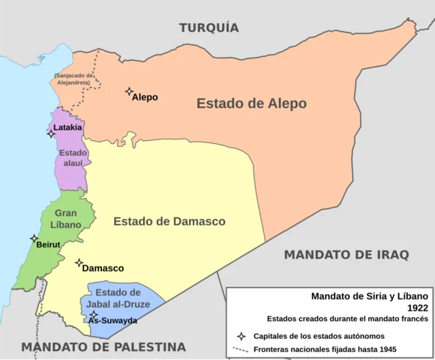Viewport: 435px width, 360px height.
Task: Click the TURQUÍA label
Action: tap(208, 28)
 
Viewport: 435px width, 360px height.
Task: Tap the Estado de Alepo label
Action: tap(251, 103)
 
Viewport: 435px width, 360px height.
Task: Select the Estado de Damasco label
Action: tap(169, 221)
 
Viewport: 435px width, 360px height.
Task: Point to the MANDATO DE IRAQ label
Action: tap(346, 255)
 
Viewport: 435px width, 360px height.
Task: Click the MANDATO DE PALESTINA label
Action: tap(103, 346)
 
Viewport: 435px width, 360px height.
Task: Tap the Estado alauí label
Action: tap(73, 157)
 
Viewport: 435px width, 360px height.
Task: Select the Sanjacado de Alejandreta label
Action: tap(72, 79)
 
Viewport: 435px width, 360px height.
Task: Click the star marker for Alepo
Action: tap(129, 91)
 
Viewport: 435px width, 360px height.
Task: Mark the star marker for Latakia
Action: tap(52, 133)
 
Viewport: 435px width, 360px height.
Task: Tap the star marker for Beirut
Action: tap(34, 238)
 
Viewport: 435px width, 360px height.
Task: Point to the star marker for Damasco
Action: tap(79, 262)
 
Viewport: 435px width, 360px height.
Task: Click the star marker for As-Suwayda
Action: tap(93, 315)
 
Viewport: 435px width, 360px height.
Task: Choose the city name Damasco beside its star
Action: tap(103, 268)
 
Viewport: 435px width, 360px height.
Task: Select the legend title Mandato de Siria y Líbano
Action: tap(369, 296)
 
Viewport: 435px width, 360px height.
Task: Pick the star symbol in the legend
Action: tap(241, 336)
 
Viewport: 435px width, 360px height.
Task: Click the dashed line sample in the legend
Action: tap(241, 349)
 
